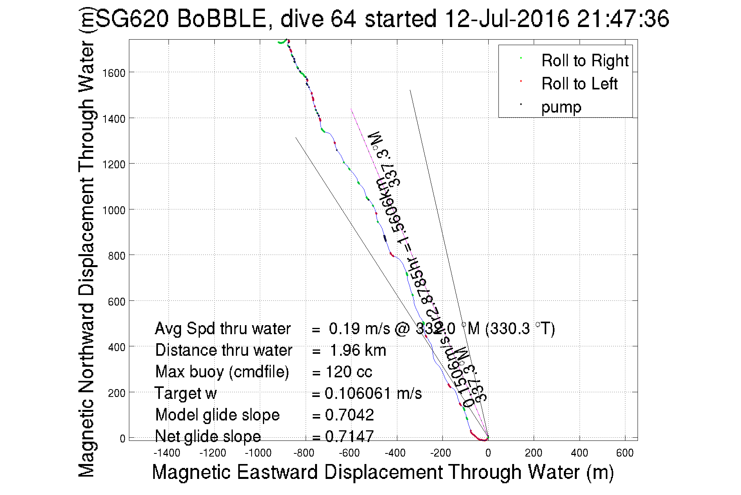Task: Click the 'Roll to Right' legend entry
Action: pos(584,61)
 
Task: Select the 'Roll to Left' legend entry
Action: pos(579,84)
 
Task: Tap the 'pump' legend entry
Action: pos(561,107)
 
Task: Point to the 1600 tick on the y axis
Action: pos(114,73)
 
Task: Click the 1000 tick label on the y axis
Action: pos(114,210)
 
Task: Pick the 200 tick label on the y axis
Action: pos(116,393)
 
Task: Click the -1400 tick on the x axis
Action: pos(167,453)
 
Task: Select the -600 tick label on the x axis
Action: pos(349,453)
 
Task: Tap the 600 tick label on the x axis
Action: pos(625,453)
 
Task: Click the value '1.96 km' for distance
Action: pos(358,350)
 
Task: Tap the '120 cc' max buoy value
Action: pos(349,372)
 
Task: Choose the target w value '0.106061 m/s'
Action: pos(373,393)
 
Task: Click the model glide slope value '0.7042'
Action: pos(350,415)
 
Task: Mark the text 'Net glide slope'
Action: pos(208,436)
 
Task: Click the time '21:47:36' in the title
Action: pos(623,19)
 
